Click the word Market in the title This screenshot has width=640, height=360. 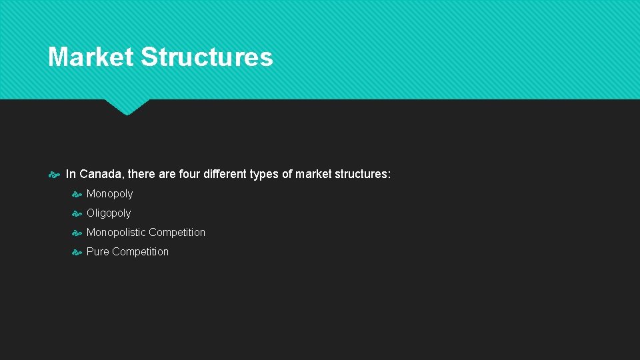click(x=90, y=57)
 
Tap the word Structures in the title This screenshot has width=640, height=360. click(x=207, y=57)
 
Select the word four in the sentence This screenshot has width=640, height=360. click(x=189, y=174)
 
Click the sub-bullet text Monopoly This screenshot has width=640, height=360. click(x=109, y=194)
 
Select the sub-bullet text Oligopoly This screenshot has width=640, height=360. click(x=109, y=213)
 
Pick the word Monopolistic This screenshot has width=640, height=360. click(x=116, y=233)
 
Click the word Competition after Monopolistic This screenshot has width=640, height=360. click(x=177, y=233)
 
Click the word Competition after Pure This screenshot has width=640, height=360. click(x=140, y=252)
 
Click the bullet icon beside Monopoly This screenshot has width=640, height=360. click(x=77, y=195)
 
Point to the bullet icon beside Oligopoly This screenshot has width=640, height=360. click(x=77, y=214)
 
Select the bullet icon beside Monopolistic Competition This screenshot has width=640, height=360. click(x=77, y=233)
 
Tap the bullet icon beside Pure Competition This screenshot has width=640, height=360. click(x=77, y=253)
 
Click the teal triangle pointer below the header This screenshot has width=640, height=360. click(x=127, y=106)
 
